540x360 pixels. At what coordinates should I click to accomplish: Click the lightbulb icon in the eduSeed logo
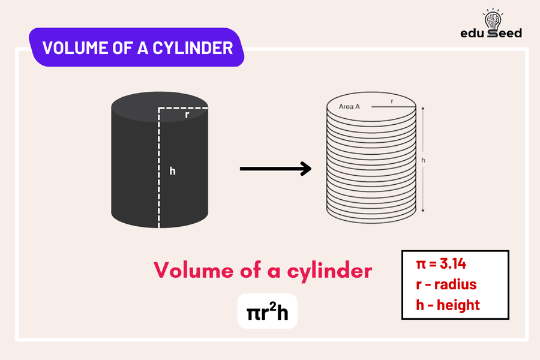click(x=494, y=17)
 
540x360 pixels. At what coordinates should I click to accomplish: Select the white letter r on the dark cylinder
click(x=187, y=115)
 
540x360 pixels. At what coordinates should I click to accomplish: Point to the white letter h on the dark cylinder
click(x=172, y=171)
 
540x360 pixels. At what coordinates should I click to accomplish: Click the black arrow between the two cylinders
click(x=275, y=169)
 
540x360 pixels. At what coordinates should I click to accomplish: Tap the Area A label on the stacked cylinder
click(x=349, y=106)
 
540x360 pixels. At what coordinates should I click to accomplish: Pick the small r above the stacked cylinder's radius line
click(x=392, y=101)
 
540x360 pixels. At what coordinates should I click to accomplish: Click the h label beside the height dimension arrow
click(x=423, y=160)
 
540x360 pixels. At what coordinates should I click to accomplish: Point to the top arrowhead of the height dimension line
click(x=424, y=109)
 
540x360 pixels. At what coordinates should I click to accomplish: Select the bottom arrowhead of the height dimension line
click(x=424, y=210)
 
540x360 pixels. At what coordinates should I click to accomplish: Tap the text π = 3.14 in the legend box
click(x=441, y=264)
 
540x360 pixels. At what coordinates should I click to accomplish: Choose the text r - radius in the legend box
click(x=446, y=284)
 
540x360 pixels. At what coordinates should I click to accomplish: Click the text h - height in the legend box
click(x=448, y=305)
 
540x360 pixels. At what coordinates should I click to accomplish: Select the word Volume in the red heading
click(x=195, y=271)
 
